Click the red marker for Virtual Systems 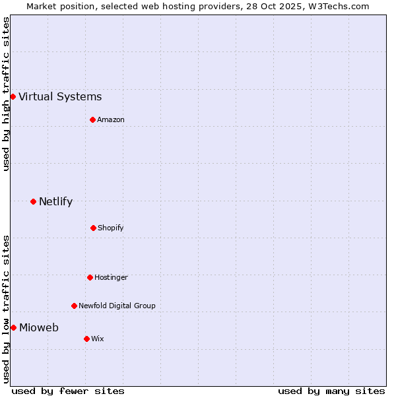pyautogui.click(x=13, y=96)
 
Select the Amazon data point pyautogui.click(x=92, y=119)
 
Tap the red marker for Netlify pyautogui.click(x=33, y=201)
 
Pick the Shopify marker pyautogui.click(x=93, y=228)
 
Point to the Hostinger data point pyautogui.click(x=90, y=277)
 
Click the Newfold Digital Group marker pyautogui.click(x=74, y=306)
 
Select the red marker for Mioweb pyautogui.click(x=13, y=327)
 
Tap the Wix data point pyautogui.click(x=86, y=339)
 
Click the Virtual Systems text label pyautogui.click(x=60, y=97)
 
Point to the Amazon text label pyautogui.click(x=111, y=119)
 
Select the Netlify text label pyautogui.click(x=55, y=202)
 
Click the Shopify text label pyautogui.click(x=111, y=228)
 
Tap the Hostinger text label pyautogui.click(x=111, y=277)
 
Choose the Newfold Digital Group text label pyautogui.click(x=117, y=306)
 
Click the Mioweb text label pyautogui.click(x=39, y=328)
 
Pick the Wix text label pyautogui.click(x=98, y=339)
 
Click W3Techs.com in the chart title pyautogui.click(x=337, y=6)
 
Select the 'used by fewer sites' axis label pyautogui.click(x=68, y=391)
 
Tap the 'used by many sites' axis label pyautogui.click(x=331, y=391)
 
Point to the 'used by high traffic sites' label pyautogui.click(x=6, y=94)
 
